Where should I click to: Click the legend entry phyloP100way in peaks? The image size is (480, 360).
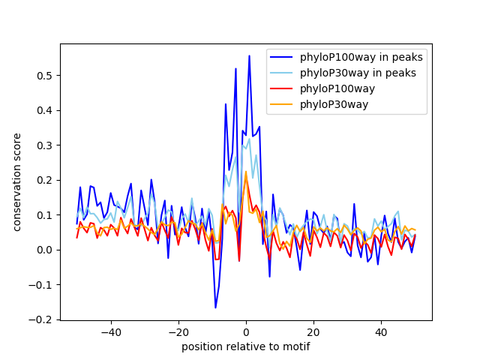[361, 57]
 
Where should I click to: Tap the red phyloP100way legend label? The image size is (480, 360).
[337, 88]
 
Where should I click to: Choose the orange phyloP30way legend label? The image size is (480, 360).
[334, 104]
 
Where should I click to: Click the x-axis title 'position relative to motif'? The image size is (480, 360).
[246, 346]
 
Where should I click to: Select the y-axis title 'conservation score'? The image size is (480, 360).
[17, 182]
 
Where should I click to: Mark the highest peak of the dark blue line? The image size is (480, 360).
[249, 56]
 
